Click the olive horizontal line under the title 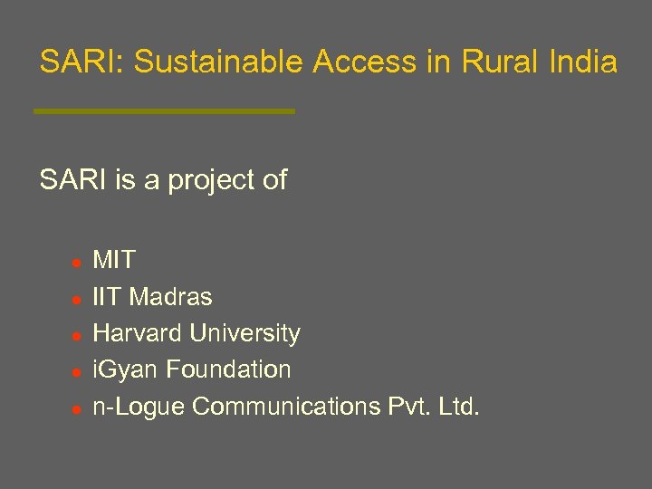click(164, 111)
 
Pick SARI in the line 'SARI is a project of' click(73, 180)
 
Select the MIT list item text click(114, 261)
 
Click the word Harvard click(138, 333)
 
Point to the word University click(245, 333)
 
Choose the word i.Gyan click(126, 370)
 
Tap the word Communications click(286, 407)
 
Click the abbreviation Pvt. click(407, 407)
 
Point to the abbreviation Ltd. click(459, 407)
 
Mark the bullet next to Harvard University click(78, 335)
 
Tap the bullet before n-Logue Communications click(78, 408)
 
